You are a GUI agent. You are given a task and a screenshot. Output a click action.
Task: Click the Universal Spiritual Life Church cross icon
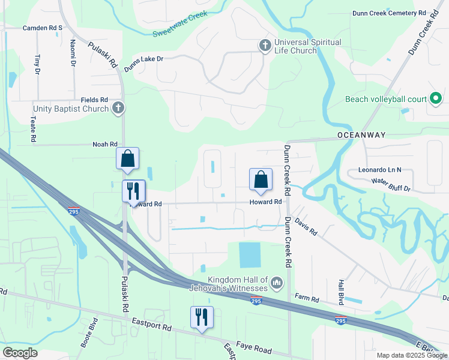tap(264, 45)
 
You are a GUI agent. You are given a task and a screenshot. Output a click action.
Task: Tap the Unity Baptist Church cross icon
tap(119, 108)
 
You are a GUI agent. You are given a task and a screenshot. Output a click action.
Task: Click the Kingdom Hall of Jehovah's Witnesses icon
tap(276, 282)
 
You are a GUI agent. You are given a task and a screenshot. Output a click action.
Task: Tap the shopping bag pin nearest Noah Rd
tap(127, 159)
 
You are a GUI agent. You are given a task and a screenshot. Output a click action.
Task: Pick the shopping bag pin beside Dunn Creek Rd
tap(261, 179)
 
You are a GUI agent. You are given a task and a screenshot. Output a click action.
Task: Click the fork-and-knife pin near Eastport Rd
tap(202, 316)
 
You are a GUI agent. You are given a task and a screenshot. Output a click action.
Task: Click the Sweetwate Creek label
tap(179, 24)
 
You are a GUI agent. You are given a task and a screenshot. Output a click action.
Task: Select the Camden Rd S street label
tap(43, 28)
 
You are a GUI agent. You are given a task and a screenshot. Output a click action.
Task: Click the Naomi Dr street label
tap(73, 53)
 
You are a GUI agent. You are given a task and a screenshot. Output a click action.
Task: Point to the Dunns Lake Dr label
tap(143, 59)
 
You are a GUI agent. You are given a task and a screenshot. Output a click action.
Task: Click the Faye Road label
tap(255, 350)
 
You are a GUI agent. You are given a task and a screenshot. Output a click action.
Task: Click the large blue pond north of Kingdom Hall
tap(250, 255)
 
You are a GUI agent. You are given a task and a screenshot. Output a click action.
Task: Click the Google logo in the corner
tap(20, 353)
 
